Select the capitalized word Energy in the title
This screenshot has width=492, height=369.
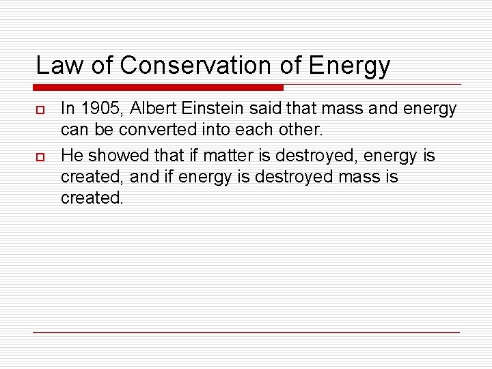pyautogui.click(x=349, y=66)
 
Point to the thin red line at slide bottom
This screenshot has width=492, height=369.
pyautogui.click(x=246, y=332)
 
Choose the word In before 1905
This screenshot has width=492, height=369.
pyautogui.click(x=68, y=108)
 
